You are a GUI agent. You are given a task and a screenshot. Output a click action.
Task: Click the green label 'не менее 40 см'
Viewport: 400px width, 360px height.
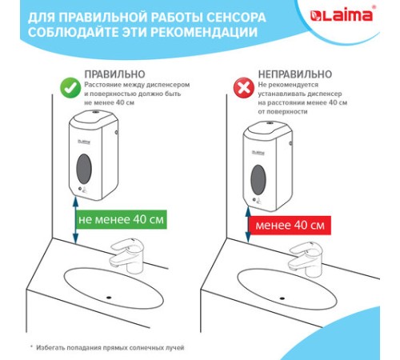tap(122, 218)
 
